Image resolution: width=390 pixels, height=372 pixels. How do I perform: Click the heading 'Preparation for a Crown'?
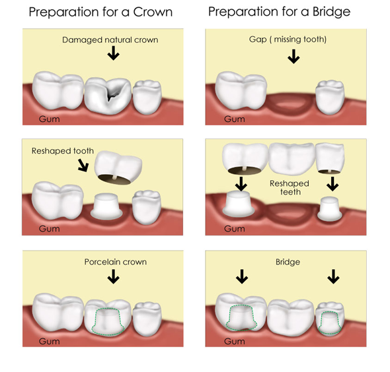click(x=100, y=12)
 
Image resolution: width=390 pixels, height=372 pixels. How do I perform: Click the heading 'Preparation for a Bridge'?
click(x=280, y=12)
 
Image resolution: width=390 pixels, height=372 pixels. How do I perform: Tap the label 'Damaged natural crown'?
click(x=110, y=40)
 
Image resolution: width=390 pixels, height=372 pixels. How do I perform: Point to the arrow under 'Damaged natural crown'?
click(x=114, y=53)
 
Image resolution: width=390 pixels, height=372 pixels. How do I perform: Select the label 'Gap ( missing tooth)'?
click(x=288, y=39)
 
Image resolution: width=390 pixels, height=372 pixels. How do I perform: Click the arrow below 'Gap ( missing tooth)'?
click(x=293, y=56)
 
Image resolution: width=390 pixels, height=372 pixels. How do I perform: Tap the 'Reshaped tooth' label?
click(x=63, y=151)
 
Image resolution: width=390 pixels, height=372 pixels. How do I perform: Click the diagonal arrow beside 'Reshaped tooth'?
click(x=83, y=165)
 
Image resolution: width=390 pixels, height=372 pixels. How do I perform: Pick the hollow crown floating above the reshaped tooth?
click(x=118, y=168)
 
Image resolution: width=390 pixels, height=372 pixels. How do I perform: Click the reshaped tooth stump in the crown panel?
click(x=106, y=206)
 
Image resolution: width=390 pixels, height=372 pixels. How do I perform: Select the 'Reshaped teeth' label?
click(x=290, y=187)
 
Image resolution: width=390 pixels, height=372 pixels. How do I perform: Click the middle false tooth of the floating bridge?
click(x=292, y=158)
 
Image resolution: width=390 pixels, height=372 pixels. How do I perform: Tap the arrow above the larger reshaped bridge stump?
click(x=241, y=183)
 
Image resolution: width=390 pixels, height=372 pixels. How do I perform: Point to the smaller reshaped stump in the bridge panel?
click(x=330, y=208)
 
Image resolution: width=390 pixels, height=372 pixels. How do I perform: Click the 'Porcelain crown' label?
click(x=116, y=262)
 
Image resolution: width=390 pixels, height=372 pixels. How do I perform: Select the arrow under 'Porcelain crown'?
click(x=114, y=277)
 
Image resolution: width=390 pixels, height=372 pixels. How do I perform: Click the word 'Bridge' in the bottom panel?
click(x=288, y=262)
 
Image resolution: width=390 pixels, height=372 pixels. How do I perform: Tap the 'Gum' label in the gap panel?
click(x=234, y=119)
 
